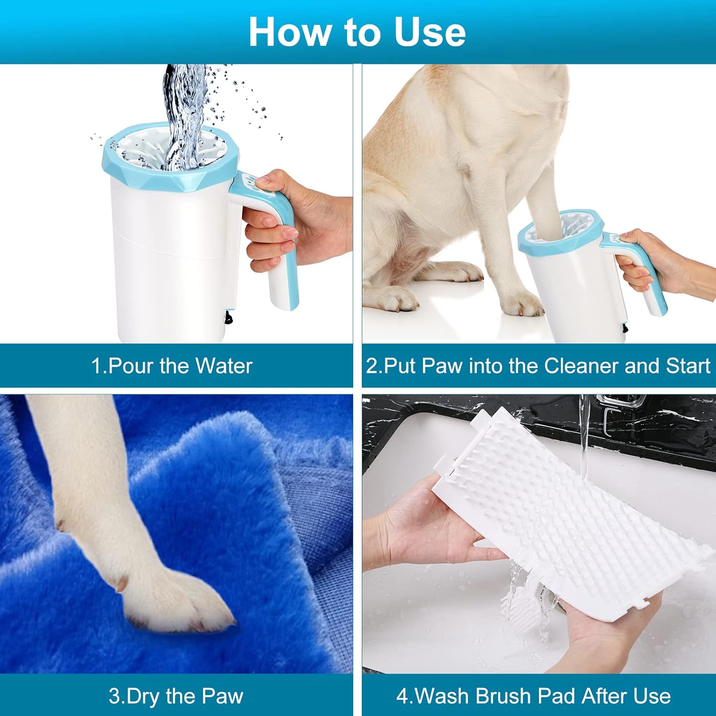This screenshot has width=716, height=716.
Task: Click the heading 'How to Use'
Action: (357, 32)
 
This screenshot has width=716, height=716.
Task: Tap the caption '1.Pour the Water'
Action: (171, 366)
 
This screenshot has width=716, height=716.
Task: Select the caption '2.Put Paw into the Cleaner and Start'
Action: (538, 366)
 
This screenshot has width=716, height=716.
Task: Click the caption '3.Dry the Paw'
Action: (176, 696)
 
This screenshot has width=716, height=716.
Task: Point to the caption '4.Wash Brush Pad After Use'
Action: (533, 696)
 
